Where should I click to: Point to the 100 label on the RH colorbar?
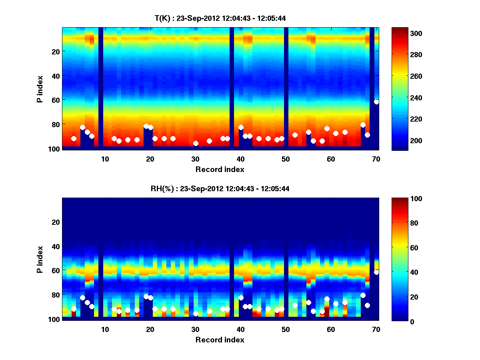coord(407,199)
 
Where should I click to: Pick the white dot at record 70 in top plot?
coord(376,102)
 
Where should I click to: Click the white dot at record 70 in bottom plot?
coord(376,272)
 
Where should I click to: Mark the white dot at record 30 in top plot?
coord(196,143)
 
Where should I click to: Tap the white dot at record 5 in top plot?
coord(82,128)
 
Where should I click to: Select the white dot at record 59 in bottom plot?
coord(327,299)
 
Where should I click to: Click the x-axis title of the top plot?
coord(220,169)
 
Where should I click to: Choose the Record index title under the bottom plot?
coord(220,340)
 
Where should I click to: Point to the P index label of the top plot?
coord(40,89)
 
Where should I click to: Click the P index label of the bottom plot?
coord(40,259)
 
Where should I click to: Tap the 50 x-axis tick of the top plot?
coord(286,159)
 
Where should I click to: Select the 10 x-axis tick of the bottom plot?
coord(105,329)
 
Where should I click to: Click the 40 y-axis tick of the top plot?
coord(55,76)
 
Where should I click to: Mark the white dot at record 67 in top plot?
coord(363,125)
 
